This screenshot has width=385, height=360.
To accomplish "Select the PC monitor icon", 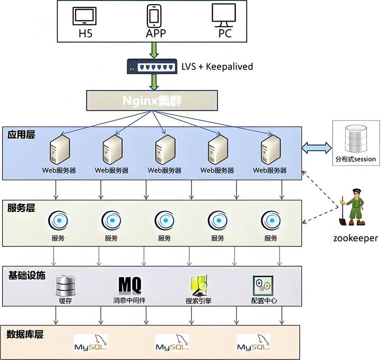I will tap(224, 15).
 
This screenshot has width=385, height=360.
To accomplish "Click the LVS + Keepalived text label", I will tap(217, 67).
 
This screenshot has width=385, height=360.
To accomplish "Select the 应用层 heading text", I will tap(21, 134).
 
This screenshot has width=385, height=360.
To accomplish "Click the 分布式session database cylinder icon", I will tap(355, 139).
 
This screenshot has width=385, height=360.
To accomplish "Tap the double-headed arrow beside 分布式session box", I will tap(317, 147).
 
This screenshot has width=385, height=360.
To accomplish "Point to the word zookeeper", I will tap(356, 238).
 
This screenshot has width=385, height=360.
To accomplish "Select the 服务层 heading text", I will tap(21, 208).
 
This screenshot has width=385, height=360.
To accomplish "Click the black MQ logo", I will tap(130, 285).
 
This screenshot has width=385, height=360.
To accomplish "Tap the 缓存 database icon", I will tap(65, 285).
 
